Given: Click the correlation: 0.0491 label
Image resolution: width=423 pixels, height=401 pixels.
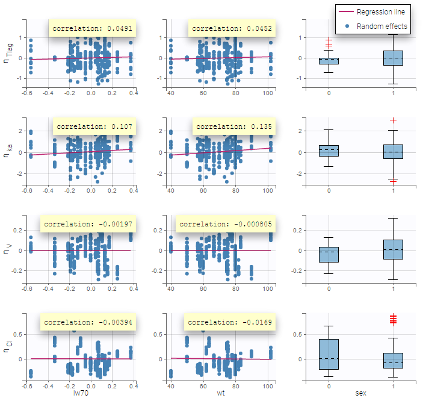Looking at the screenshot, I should [84, 28].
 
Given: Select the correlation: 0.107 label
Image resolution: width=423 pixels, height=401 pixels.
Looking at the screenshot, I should [94, 127].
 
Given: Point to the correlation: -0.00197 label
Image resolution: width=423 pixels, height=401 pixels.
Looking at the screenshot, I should [89, 224].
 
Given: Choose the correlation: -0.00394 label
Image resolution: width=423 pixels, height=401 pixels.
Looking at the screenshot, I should [89, 322].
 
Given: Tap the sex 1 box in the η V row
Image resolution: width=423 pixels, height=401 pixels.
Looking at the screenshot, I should [393, 249].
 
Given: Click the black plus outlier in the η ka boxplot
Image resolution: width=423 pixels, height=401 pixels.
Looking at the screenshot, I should [393, 120].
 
